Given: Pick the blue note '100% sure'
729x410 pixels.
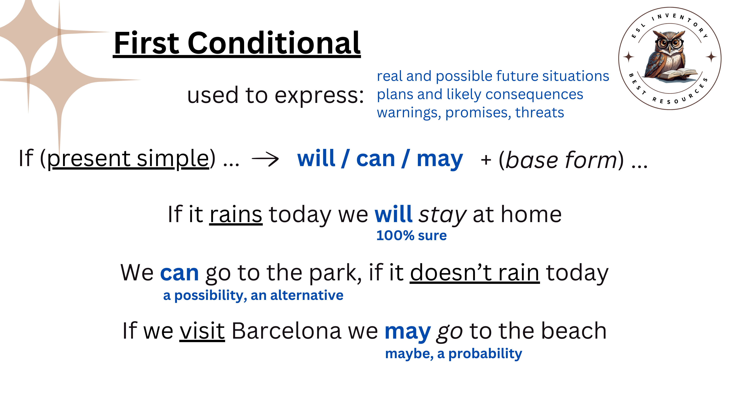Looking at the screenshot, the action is point(411,235).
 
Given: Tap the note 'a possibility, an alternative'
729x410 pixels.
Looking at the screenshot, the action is point(253,295).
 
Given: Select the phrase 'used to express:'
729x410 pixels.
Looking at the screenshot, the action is point(275,95).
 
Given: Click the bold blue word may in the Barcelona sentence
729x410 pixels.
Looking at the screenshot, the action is point(408,332).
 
